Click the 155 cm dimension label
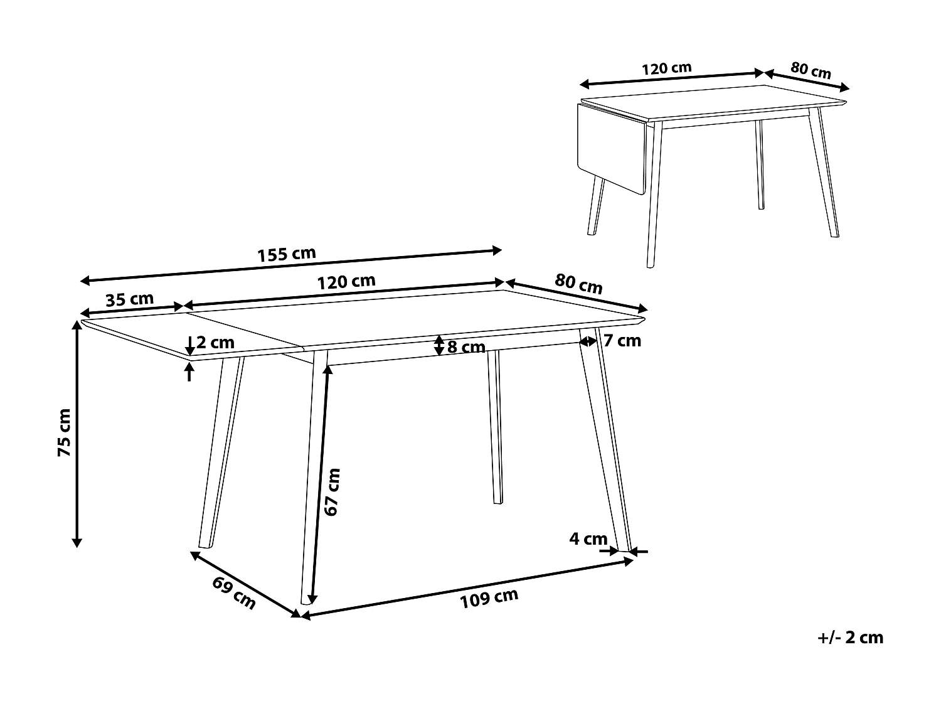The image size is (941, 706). [287, 255]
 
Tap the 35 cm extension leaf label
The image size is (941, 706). [129, 299]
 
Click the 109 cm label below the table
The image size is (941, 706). [489, 598]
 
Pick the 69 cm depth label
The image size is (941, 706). [234, 592]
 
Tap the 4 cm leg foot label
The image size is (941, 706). [588, 538]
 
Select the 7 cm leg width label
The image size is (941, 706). [622, 341]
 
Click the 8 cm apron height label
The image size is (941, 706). [466, 347]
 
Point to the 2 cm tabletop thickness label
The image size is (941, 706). [215, 343]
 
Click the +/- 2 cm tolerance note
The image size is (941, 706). [851, 638]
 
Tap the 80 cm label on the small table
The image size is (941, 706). [811, 70]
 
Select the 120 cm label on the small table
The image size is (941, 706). [666, 68]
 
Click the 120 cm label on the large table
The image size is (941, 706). [346, 282]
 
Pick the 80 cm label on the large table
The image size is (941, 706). [578, 284]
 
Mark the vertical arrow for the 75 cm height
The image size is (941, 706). [77, 433]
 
